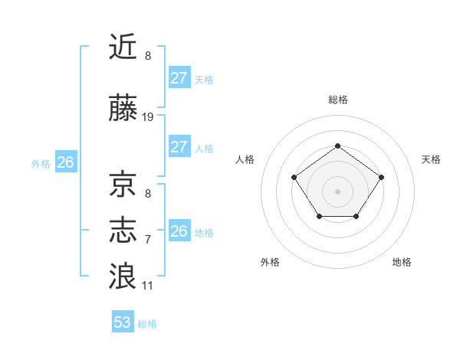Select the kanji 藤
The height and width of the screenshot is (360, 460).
[x=123, y=109]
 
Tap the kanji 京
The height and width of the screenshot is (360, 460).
[x=123, y=185]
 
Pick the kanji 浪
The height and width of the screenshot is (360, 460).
[x=123, y=275]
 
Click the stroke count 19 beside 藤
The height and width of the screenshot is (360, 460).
[x=148, y=117]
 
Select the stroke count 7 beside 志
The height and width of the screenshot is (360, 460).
[x=148, y=239]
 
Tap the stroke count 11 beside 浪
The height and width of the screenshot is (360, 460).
[x=148, y=286]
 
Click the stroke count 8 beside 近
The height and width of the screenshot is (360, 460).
[x=148, y=55]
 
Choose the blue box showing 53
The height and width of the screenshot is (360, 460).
[x=123, y=322]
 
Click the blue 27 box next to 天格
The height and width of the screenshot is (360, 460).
[x=179, y=78]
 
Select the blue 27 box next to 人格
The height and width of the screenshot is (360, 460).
[x=179, y=147]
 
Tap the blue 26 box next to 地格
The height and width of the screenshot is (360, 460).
[x=179, y=231]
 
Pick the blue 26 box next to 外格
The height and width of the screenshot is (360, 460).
[x=66, y=162]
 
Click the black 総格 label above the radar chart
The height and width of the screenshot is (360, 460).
[x=337, y=100]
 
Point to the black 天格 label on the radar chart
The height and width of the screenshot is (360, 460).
[x=431, y=159]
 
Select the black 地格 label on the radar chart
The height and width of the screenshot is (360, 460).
[x=402, y=262]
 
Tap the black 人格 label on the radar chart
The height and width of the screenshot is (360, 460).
[x=245, y=159]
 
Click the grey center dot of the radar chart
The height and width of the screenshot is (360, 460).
[x=337, y=191]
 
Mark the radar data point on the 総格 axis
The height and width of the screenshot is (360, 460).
[x=337, y=146]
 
